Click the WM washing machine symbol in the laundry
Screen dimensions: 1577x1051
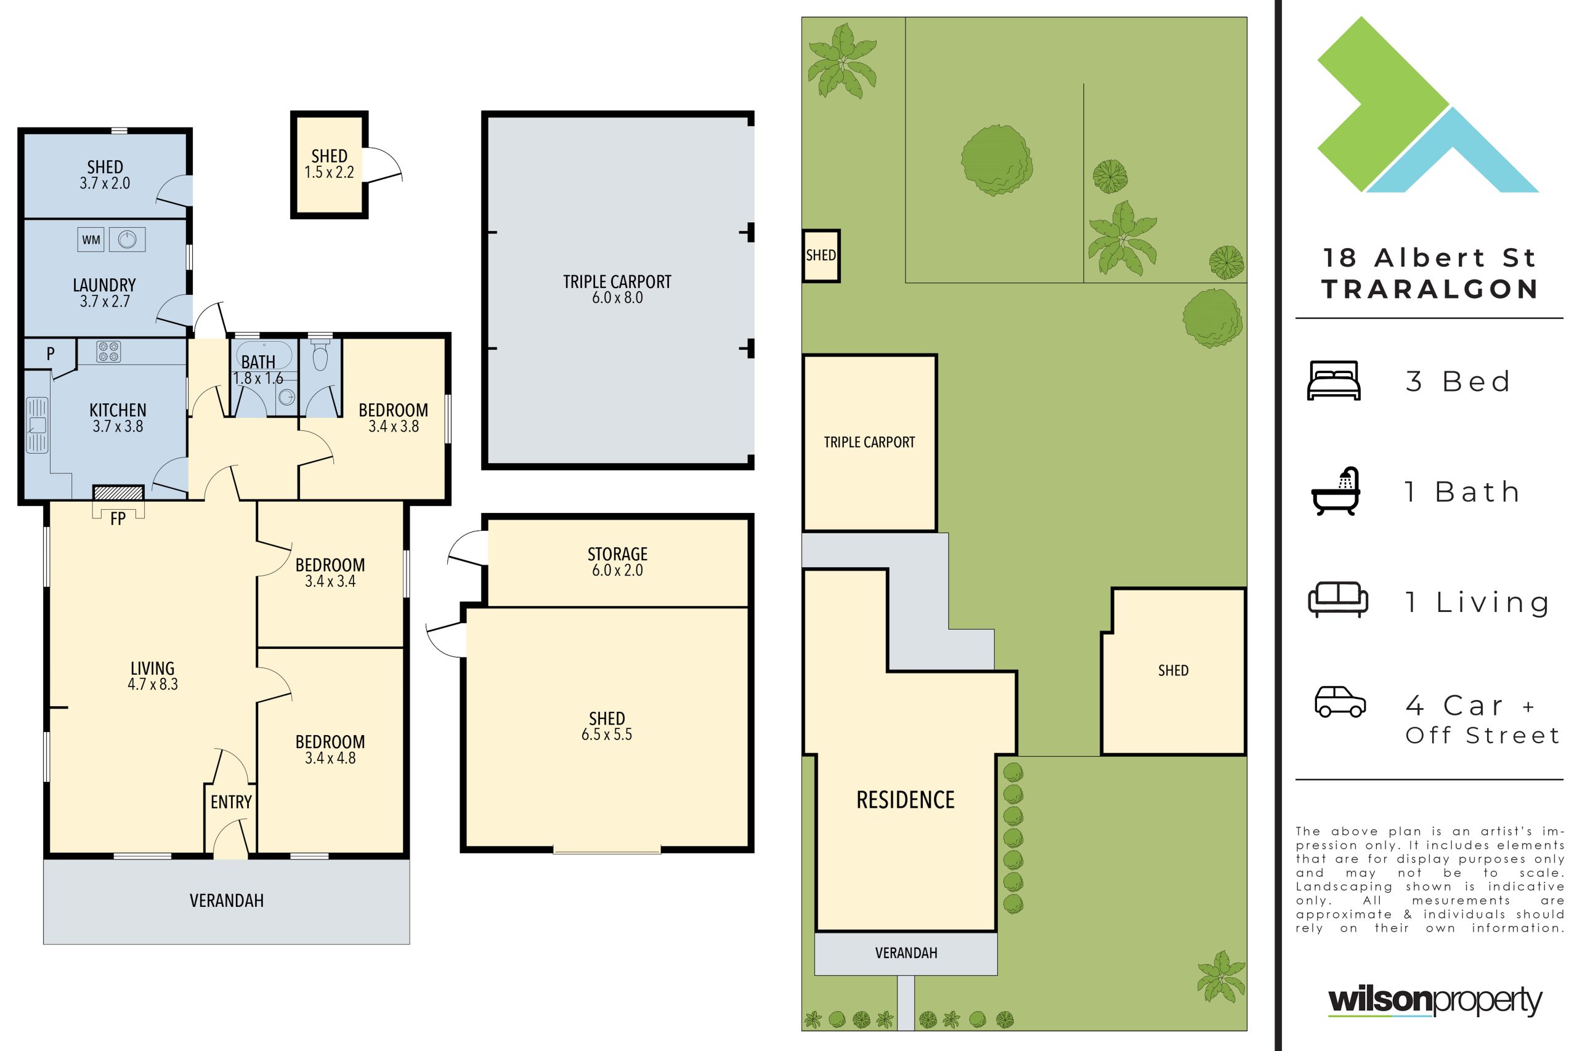[91, 240]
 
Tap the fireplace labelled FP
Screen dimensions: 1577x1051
[118, 493]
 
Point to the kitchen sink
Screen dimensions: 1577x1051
[37, 425]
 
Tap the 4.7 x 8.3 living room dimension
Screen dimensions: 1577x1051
[153, 685]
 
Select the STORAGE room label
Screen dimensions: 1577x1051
[617, 554]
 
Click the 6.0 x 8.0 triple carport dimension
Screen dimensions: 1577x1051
[617, 297]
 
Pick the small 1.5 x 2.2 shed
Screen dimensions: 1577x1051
[329, 165]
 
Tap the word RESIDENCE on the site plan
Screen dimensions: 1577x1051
[905, 800]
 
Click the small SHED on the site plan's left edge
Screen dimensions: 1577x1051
[821, 256]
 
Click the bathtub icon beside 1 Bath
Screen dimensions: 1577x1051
[1335, 491]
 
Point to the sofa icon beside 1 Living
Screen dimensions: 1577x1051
[1337, 599]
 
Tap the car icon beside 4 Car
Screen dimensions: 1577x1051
[1340, 702]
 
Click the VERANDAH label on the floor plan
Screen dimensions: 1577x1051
[227, 901]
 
